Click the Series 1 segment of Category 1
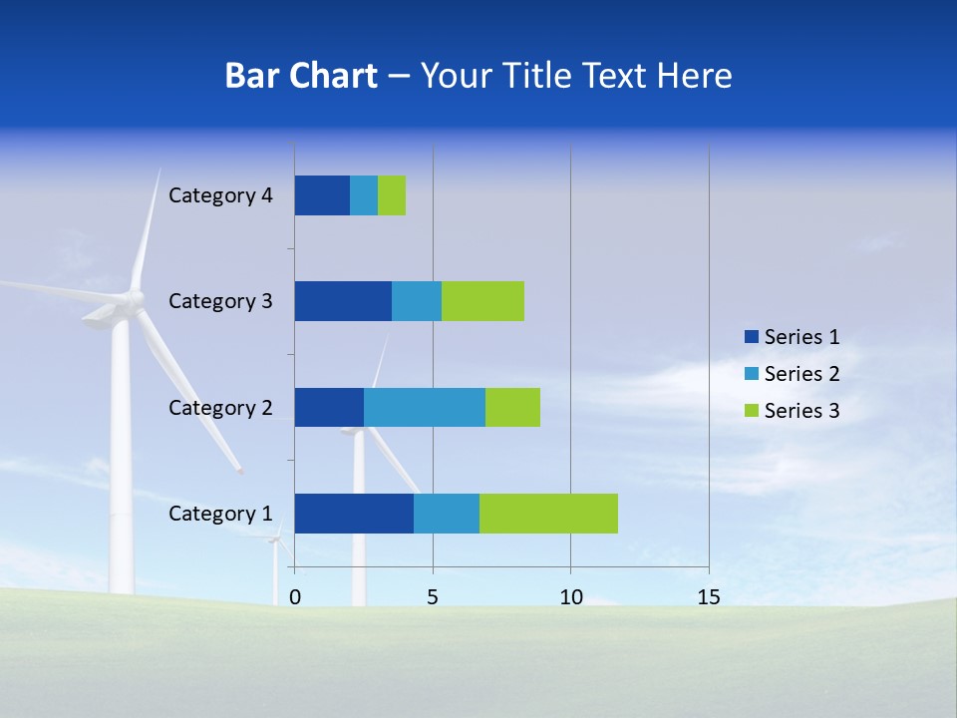[354, 514]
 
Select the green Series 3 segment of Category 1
[548, 514]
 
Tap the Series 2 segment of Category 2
[425, 407]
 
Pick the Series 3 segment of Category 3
[482, 301]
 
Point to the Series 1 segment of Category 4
[322, 195]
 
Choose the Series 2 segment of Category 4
[364, 195]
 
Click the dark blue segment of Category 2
[329, 407]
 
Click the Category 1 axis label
[220, 514]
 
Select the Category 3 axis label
[220, 301]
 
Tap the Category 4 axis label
[220, 195]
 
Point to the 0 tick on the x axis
[295, 597]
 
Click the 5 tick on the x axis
[433, 597]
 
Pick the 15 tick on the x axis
[708, 597]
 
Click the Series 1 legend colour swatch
[751, 337]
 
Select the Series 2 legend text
[801, 374]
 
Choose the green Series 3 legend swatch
[751, 411]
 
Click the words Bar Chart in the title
[301, 76]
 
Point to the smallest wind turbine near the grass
[275, 543]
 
